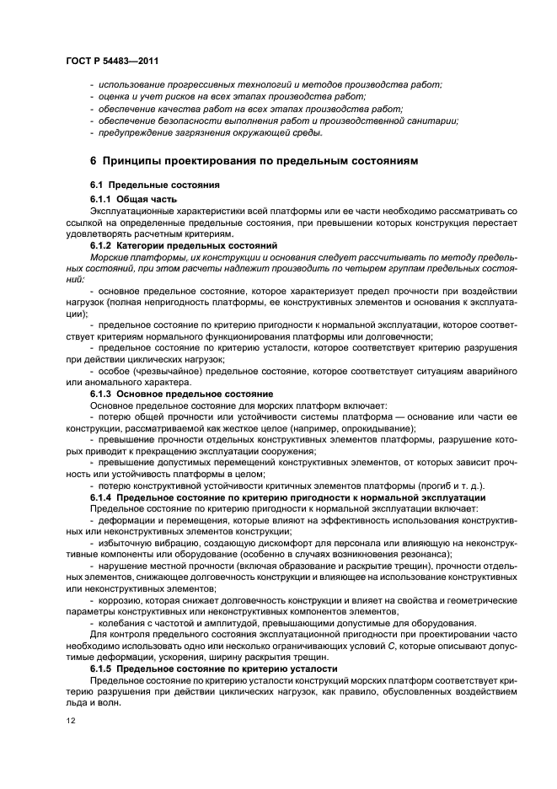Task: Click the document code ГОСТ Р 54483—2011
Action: [111, 62]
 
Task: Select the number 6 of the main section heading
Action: [93, 161]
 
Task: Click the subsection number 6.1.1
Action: [102, 197]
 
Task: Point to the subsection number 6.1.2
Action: [102, 244]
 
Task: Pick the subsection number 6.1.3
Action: [102, 394]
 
